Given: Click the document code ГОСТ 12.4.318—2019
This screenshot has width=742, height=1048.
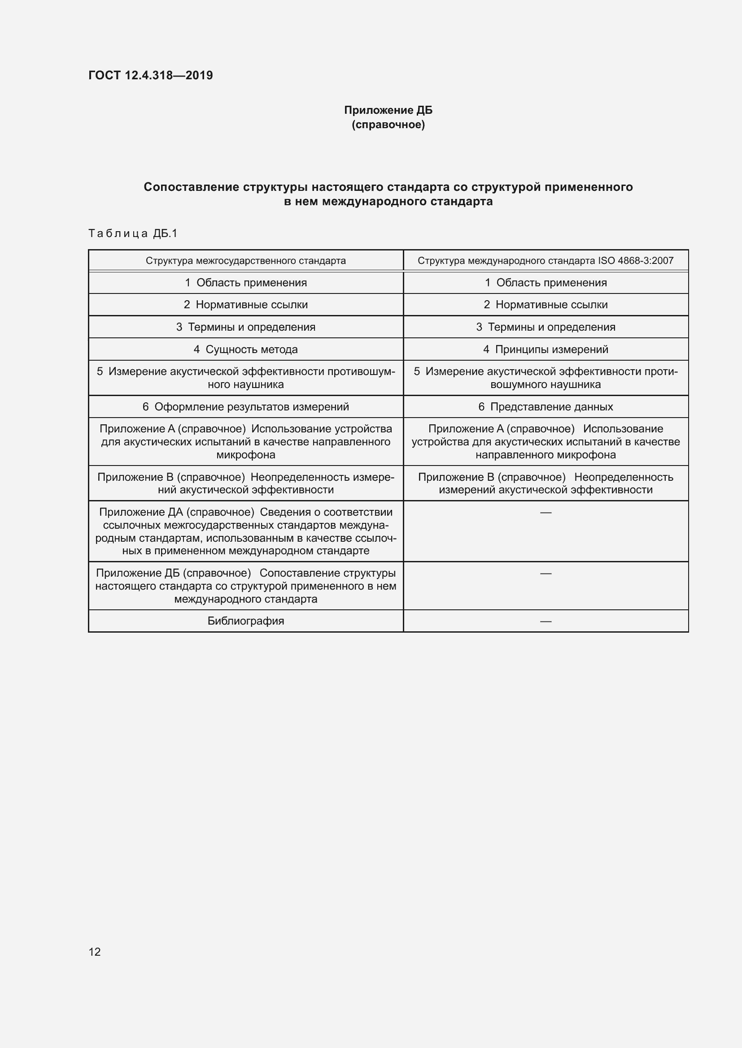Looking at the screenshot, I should (x=150, y=75).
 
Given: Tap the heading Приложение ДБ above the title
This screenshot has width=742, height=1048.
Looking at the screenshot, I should (x=388, y=110).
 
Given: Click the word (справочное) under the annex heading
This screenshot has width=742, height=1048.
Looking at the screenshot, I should (x=388, y=125).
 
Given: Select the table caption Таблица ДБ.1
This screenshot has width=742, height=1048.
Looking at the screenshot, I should (x=132, y=234).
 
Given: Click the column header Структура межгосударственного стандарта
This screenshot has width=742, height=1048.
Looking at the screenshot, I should (x=245, y=261).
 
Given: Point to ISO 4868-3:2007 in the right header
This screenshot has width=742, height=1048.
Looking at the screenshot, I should (x=636, y=261).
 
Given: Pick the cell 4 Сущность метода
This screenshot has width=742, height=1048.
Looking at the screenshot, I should (x=245, y=349).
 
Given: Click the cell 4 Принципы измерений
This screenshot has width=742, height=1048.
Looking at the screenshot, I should (x=546, y=349).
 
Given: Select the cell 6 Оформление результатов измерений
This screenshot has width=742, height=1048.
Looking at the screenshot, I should (x=245, y=407).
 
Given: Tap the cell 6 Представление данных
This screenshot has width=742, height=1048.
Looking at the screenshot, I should (x=546, y=407).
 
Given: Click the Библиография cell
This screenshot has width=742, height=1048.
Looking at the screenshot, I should (x=245, y=621).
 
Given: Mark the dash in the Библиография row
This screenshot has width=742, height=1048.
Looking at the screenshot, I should (x=546, y=621).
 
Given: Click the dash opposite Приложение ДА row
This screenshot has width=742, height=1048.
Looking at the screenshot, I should (x=546, y=513).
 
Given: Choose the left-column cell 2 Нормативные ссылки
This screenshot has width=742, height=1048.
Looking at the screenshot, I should (x=245, y=304).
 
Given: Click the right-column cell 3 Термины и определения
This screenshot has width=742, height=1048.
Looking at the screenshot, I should (x=546, y=327).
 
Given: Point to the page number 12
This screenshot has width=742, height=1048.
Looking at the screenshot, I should (x=95, y=952).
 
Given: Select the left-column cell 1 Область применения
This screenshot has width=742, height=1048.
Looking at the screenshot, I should (x=245, y=283).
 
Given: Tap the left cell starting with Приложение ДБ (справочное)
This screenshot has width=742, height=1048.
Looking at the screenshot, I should (x=245, y=586).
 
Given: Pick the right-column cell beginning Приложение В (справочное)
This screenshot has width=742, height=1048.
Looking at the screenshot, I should (x=546, y=483).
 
